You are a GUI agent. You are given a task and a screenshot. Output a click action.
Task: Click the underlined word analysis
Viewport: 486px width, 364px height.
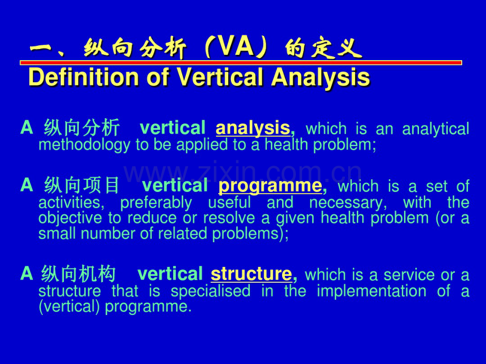point(253,128)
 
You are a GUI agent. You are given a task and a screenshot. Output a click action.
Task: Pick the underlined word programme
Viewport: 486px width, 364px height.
point(270,186)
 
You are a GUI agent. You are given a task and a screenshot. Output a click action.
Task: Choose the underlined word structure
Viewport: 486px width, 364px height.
point(251,274)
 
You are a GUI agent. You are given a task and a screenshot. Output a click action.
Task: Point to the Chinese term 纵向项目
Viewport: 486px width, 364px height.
point(82,186)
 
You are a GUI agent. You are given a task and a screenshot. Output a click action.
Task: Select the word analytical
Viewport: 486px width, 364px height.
point(435,129)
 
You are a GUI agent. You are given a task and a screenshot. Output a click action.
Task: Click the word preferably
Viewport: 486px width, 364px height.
point(156,203)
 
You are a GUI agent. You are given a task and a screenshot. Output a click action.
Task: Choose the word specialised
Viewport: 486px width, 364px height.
point(210,291)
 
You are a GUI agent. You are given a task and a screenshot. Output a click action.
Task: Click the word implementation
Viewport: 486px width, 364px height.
point(370,291)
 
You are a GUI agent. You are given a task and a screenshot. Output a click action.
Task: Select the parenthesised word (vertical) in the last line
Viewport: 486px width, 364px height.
point(70,306)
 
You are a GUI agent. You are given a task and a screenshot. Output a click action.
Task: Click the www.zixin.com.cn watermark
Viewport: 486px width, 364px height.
point(243,173)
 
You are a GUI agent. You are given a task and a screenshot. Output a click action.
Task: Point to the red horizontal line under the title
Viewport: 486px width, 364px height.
point(240,63)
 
